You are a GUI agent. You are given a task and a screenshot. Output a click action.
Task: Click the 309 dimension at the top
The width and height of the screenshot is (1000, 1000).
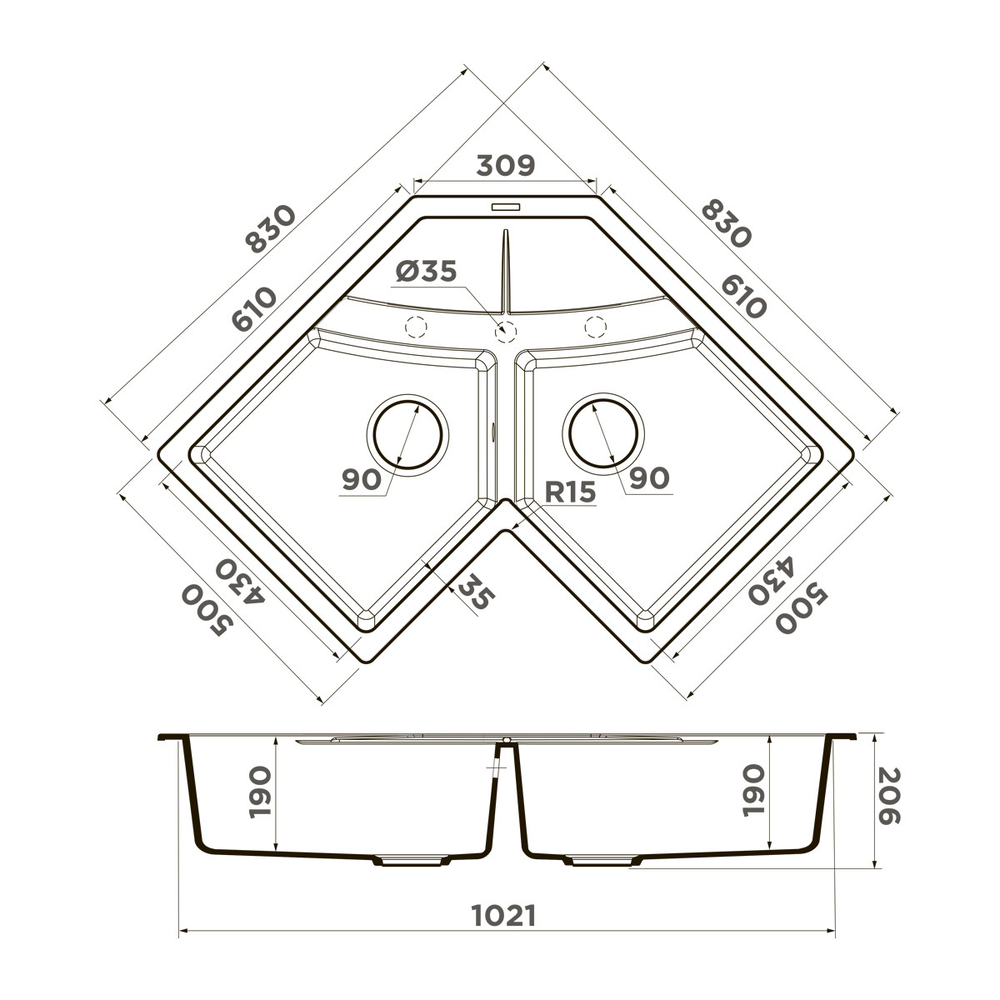coord(505,166)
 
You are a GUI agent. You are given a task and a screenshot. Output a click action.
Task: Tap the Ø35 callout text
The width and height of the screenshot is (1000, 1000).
coord(426,271)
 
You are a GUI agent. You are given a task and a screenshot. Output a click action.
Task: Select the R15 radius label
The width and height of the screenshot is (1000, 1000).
coord(570,492)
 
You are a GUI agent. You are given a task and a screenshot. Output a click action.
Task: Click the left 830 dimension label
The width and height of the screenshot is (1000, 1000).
coord(270,229)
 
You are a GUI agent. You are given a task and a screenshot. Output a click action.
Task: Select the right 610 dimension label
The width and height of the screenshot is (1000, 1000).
coord(743,297)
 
